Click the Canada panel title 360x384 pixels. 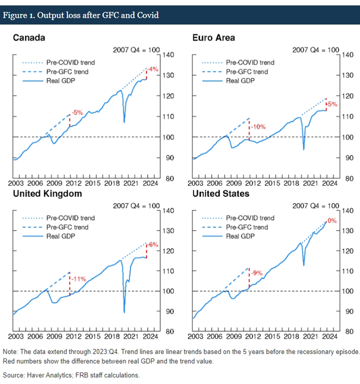[x=29, y=37]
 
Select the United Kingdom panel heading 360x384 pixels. [x=47, y=194]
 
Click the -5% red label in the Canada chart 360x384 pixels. [x=77, y=112]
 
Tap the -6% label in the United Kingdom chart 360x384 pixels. [x=153, y=244]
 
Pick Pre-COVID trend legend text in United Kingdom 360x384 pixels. [x=70, y=218]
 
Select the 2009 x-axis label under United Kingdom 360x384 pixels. [x=54, y=339]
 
